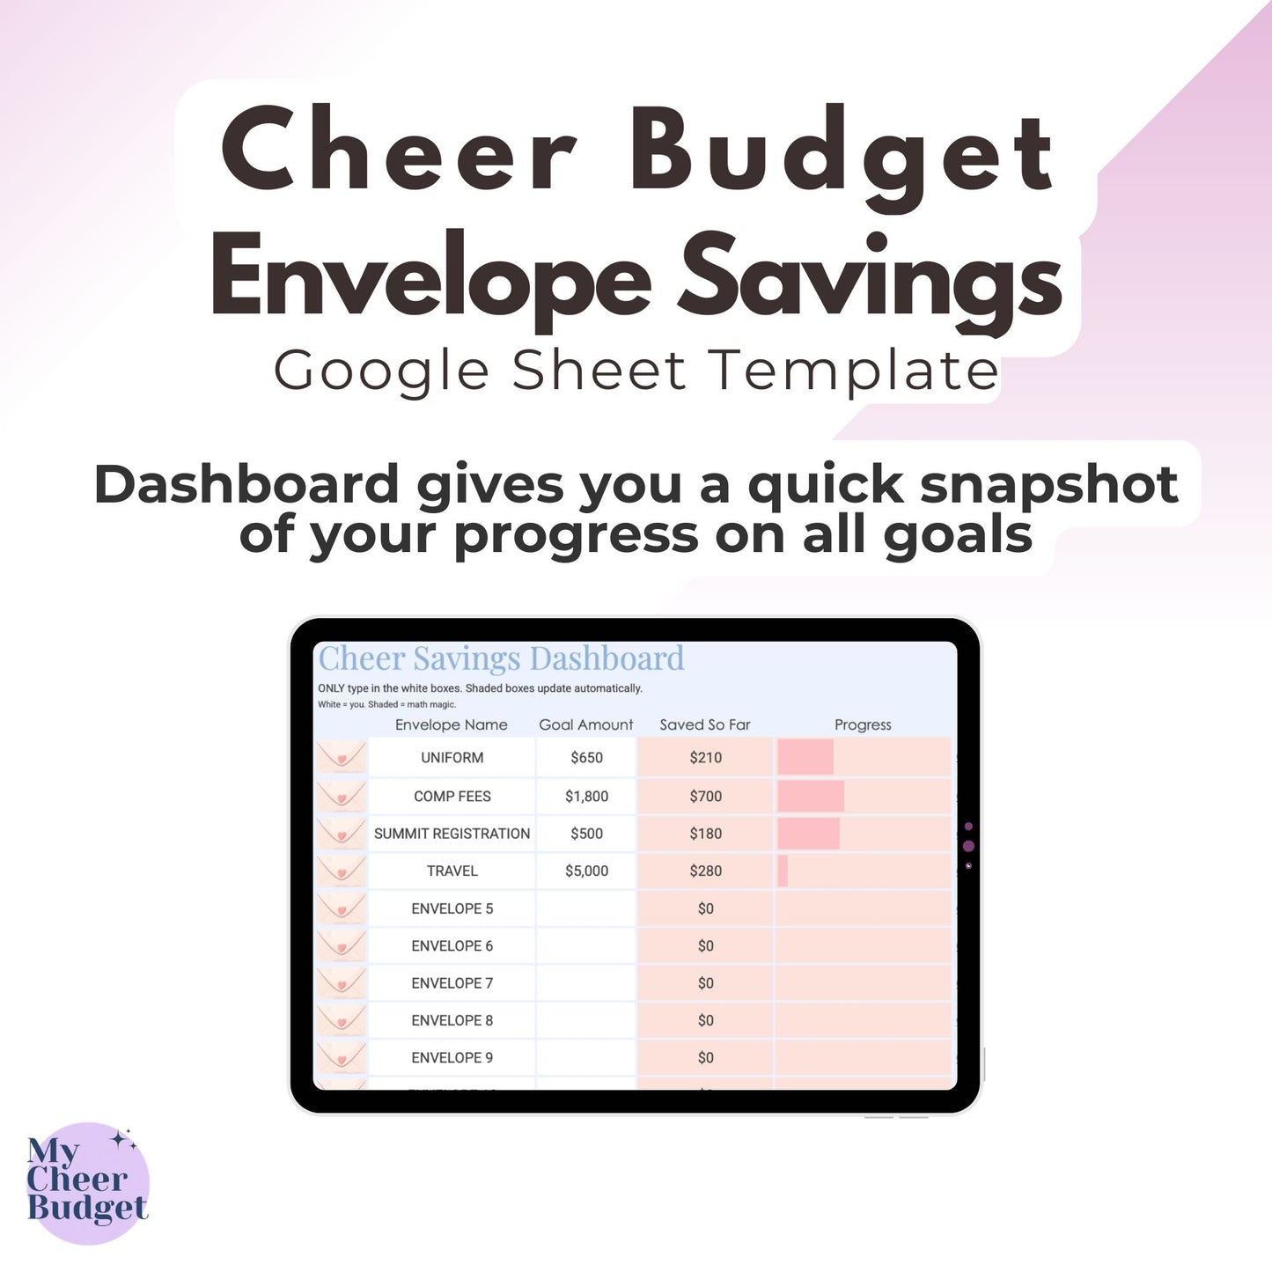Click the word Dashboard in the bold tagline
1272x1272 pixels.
click(x=246, y=485)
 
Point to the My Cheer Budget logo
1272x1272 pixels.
click(x=87, y=1183)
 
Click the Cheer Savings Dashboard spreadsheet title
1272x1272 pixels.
click(x=501, y=658)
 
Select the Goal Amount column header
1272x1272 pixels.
click(x=585, y=724)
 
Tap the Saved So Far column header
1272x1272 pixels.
click(x=704, y=724)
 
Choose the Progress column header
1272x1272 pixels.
click(x=863, y=724)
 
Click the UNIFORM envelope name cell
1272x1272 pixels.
click(x=452, y=758)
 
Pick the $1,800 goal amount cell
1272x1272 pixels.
click(x=586, y=797)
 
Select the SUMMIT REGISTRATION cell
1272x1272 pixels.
click(x=452, y=834)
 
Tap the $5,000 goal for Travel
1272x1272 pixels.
click(x=586, y=871)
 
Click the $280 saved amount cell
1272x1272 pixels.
click(x=705, y=871)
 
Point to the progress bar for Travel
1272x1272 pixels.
click(x=783, y=871)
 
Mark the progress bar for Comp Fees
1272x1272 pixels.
click(x=811, y=797)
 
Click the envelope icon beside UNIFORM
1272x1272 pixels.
click(x=342, y=758)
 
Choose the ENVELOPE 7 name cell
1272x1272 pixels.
click(x=452, y=983)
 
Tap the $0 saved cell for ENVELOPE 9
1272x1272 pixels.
click(x=705, y=1058)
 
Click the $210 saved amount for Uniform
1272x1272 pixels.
click(x=705, y=758)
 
